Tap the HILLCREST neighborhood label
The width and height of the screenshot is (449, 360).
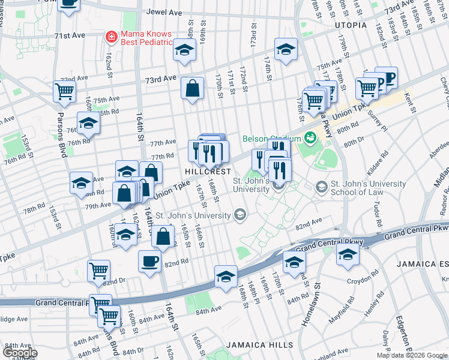point(208,171)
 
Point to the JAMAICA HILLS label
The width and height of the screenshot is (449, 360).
point(260,345)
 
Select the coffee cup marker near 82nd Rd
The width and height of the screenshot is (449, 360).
point(149,261)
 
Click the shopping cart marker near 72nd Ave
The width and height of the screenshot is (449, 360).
point(64,92)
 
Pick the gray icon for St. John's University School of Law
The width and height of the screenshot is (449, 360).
point(322,188)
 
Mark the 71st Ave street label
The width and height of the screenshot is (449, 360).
point(70,36)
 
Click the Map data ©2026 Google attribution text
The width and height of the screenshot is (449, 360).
point(412,355)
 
